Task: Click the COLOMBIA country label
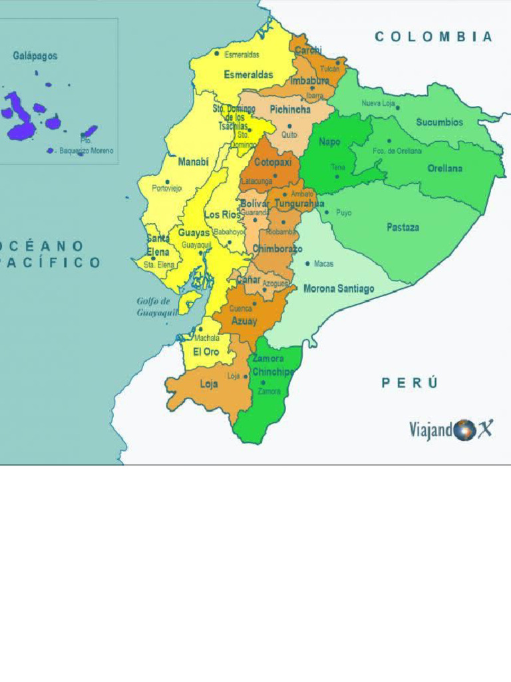coord(434,37)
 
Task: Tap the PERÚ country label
coord(410,382)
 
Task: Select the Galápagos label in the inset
coord(35,56)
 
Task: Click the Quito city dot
coord(289,126)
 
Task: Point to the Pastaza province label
coord(403,227)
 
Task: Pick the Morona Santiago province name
coord(339,288)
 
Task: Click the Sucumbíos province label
coord(439,122)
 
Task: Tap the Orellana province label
coord(444,169)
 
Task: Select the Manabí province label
coord(193,162)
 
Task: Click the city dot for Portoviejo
coord(167,181)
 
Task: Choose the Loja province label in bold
coord(208,384)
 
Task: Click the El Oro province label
coord(206,352)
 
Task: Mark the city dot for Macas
coord(307,264)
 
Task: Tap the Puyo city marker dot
coord(327,212)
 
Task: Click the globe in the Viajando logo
coord(464,430)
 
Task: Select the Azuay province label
coord(244,321)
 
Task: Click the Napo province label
coord(329,142)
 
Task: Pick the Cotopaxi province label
coord(273,162)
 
